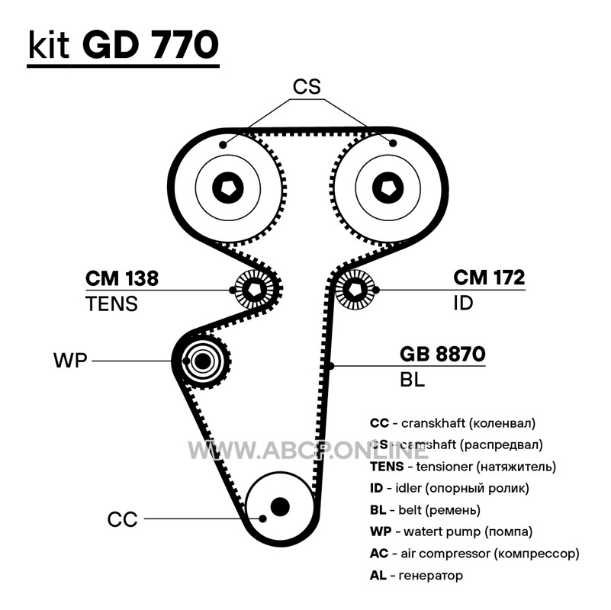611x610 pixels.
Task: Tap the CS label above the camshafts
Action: pyautogui.click(x=307, y=87)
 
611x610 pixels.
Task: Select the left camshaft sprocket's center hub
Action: pyautogui.click(x=227, y=187)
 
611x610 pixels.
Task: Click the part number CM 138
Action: pyautogui.click(x=122, y=279)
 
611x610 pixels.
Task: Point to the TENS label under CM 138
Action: pyautogui.click(x=111, y=304)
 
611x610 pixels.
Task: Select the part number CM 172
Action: pyautogui.click(x=489, y=278)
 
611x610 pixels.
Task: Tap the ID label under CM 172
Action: pyautogui.click(x=463, y=303)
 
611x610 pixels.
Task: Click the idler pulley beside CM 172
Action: pyautogui.click(x=356, y=290)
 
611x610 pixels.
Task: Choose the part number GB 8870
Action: pyautogui.click(x=442, y=355)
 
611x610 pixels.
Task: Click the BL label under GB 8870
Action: pyautogui.click(x=412, y=380)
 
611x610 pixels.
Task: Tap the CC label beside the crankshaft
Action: pyautogui.click(x=122, y=520)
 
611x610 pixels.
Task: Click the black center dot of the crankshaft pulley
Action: pyautogui.click(x=281, y=506)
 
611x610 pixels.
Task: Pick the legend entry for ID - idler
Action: pyautogui.click(x=449, y=488)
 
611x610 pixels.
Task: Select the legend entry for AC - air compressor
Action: pyautogui.click(x=474, y=554)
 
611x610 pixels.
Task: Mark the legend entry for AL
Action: pyautogui.click(x=416, y=576)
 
